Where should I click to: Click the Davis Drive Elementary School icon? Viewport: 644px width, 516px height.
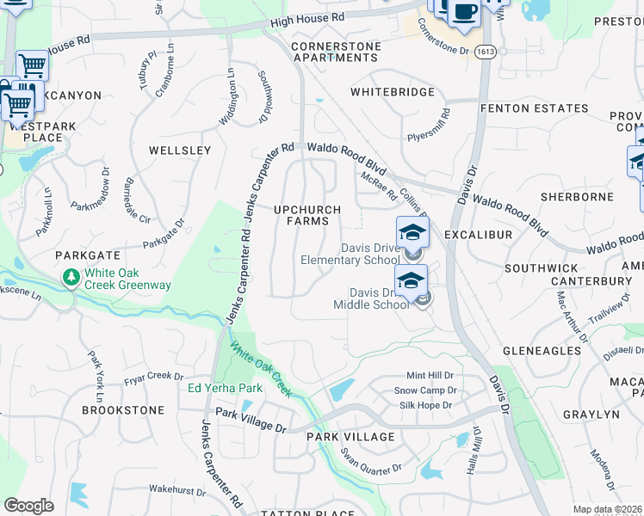[412, 232]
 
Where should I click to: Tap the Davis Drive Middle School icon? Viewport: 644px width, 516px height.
[411, 280]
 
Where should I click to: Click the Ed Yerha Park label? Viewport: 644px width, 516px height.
[225, 388]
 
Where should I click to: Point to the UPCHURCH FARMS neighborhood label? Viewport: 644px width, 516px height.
[307, 215]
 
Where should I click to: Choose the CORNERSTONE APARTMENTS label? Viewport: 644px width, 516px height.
[334, 52]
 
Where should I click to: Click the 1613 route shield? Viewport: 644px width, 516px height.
[483, 52]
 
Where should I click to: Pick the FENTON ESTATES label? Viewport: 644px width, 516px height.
[534, 108]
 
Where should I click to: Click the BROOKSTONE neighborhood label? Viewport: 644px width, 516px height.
[123, 410]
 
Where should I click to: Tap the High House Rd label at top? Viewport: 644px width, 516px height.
[307, 17]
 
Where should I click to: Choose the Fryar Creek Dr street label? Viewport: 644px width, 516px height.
[153, 376]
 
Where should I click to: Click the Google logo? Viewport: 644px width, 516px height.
[28, 506]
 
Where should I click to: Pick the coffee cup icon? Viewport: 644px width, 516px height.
[464, 12]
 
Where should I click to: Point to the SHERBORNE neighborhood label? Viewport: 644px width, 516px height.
[577, 197]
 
